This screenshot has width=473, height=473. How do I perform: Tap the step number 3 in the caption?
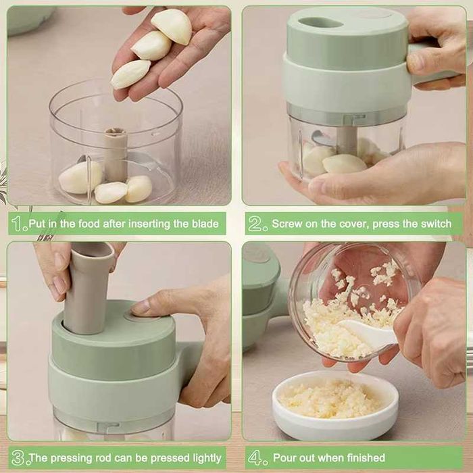[19, 457]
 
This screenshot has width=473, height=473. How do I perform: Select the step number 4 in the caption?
[256, 457]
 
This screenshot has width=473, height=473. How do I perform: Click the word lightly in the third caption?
[204, 457]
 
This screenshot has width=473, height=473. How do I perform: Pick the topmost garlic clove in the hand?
[172, 26]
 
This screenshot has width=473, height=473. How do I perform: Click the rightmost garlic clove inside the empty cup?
[139, 189]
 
